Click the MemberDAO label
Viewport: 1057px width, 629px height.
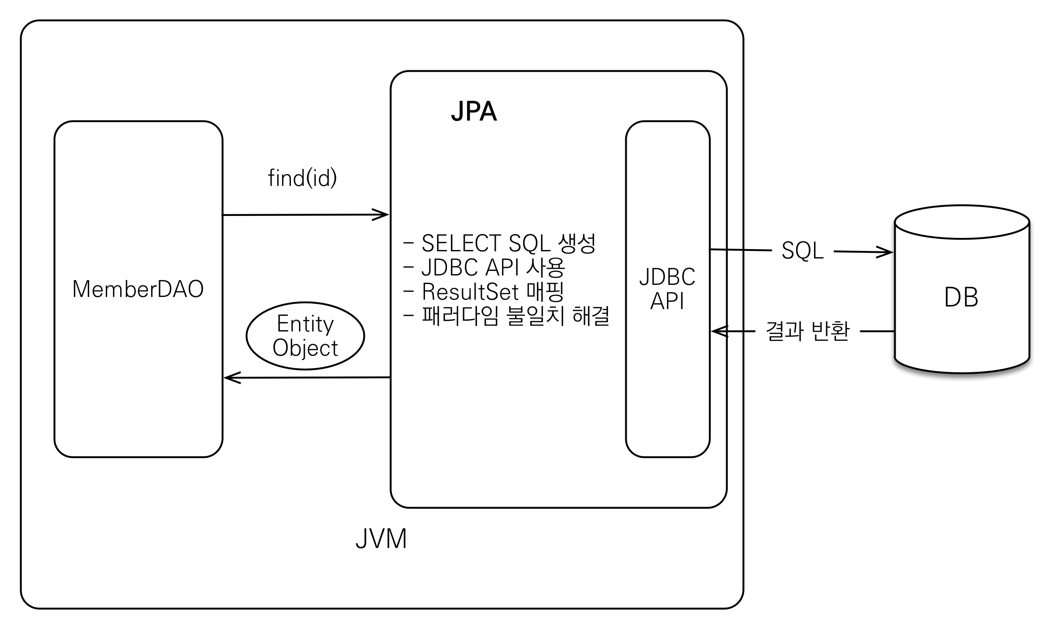click(x=138, y=289)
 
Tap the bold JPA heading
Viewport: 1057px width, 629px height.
click(x=474, y=111)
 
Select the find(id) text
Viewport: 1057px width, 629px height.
click(x=302, y=178)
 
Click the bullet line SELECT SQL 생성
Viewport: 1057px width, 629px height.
click(x=500, y=243)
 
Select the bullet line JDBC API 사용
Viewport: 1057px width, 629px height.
click(x=484, y=267)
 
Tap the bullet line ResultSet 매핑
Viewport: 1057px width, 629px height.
click(x=483, y=292)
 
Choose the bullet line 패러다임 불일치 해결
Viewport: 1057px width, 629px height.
click(x=507, y=316)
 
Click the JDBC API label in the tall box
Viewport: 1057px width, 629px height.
click(x=667, y=289)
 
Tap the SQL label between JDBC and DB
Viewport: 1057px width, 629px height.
click(x=802, y=250)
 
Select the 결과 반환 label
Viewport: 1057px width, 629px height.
click(x=807, y=332)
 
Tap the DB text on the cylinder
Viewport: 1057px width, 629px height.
click(x=961, y=297)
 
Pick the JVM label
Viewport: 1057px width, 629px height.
click(x=381, y=539)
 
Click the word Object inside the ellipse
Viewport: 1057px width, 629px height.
click(x=305, y=348)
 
